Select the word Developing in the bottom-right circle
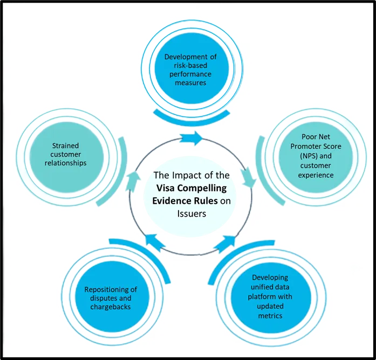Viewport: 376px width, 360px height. point(266,278)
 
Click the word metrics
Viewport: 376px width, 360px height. point(270,315)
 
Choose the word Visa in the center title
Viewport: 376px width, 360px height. point(166,188)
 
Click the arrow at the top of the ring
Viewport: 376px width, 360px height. point(190,139)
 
